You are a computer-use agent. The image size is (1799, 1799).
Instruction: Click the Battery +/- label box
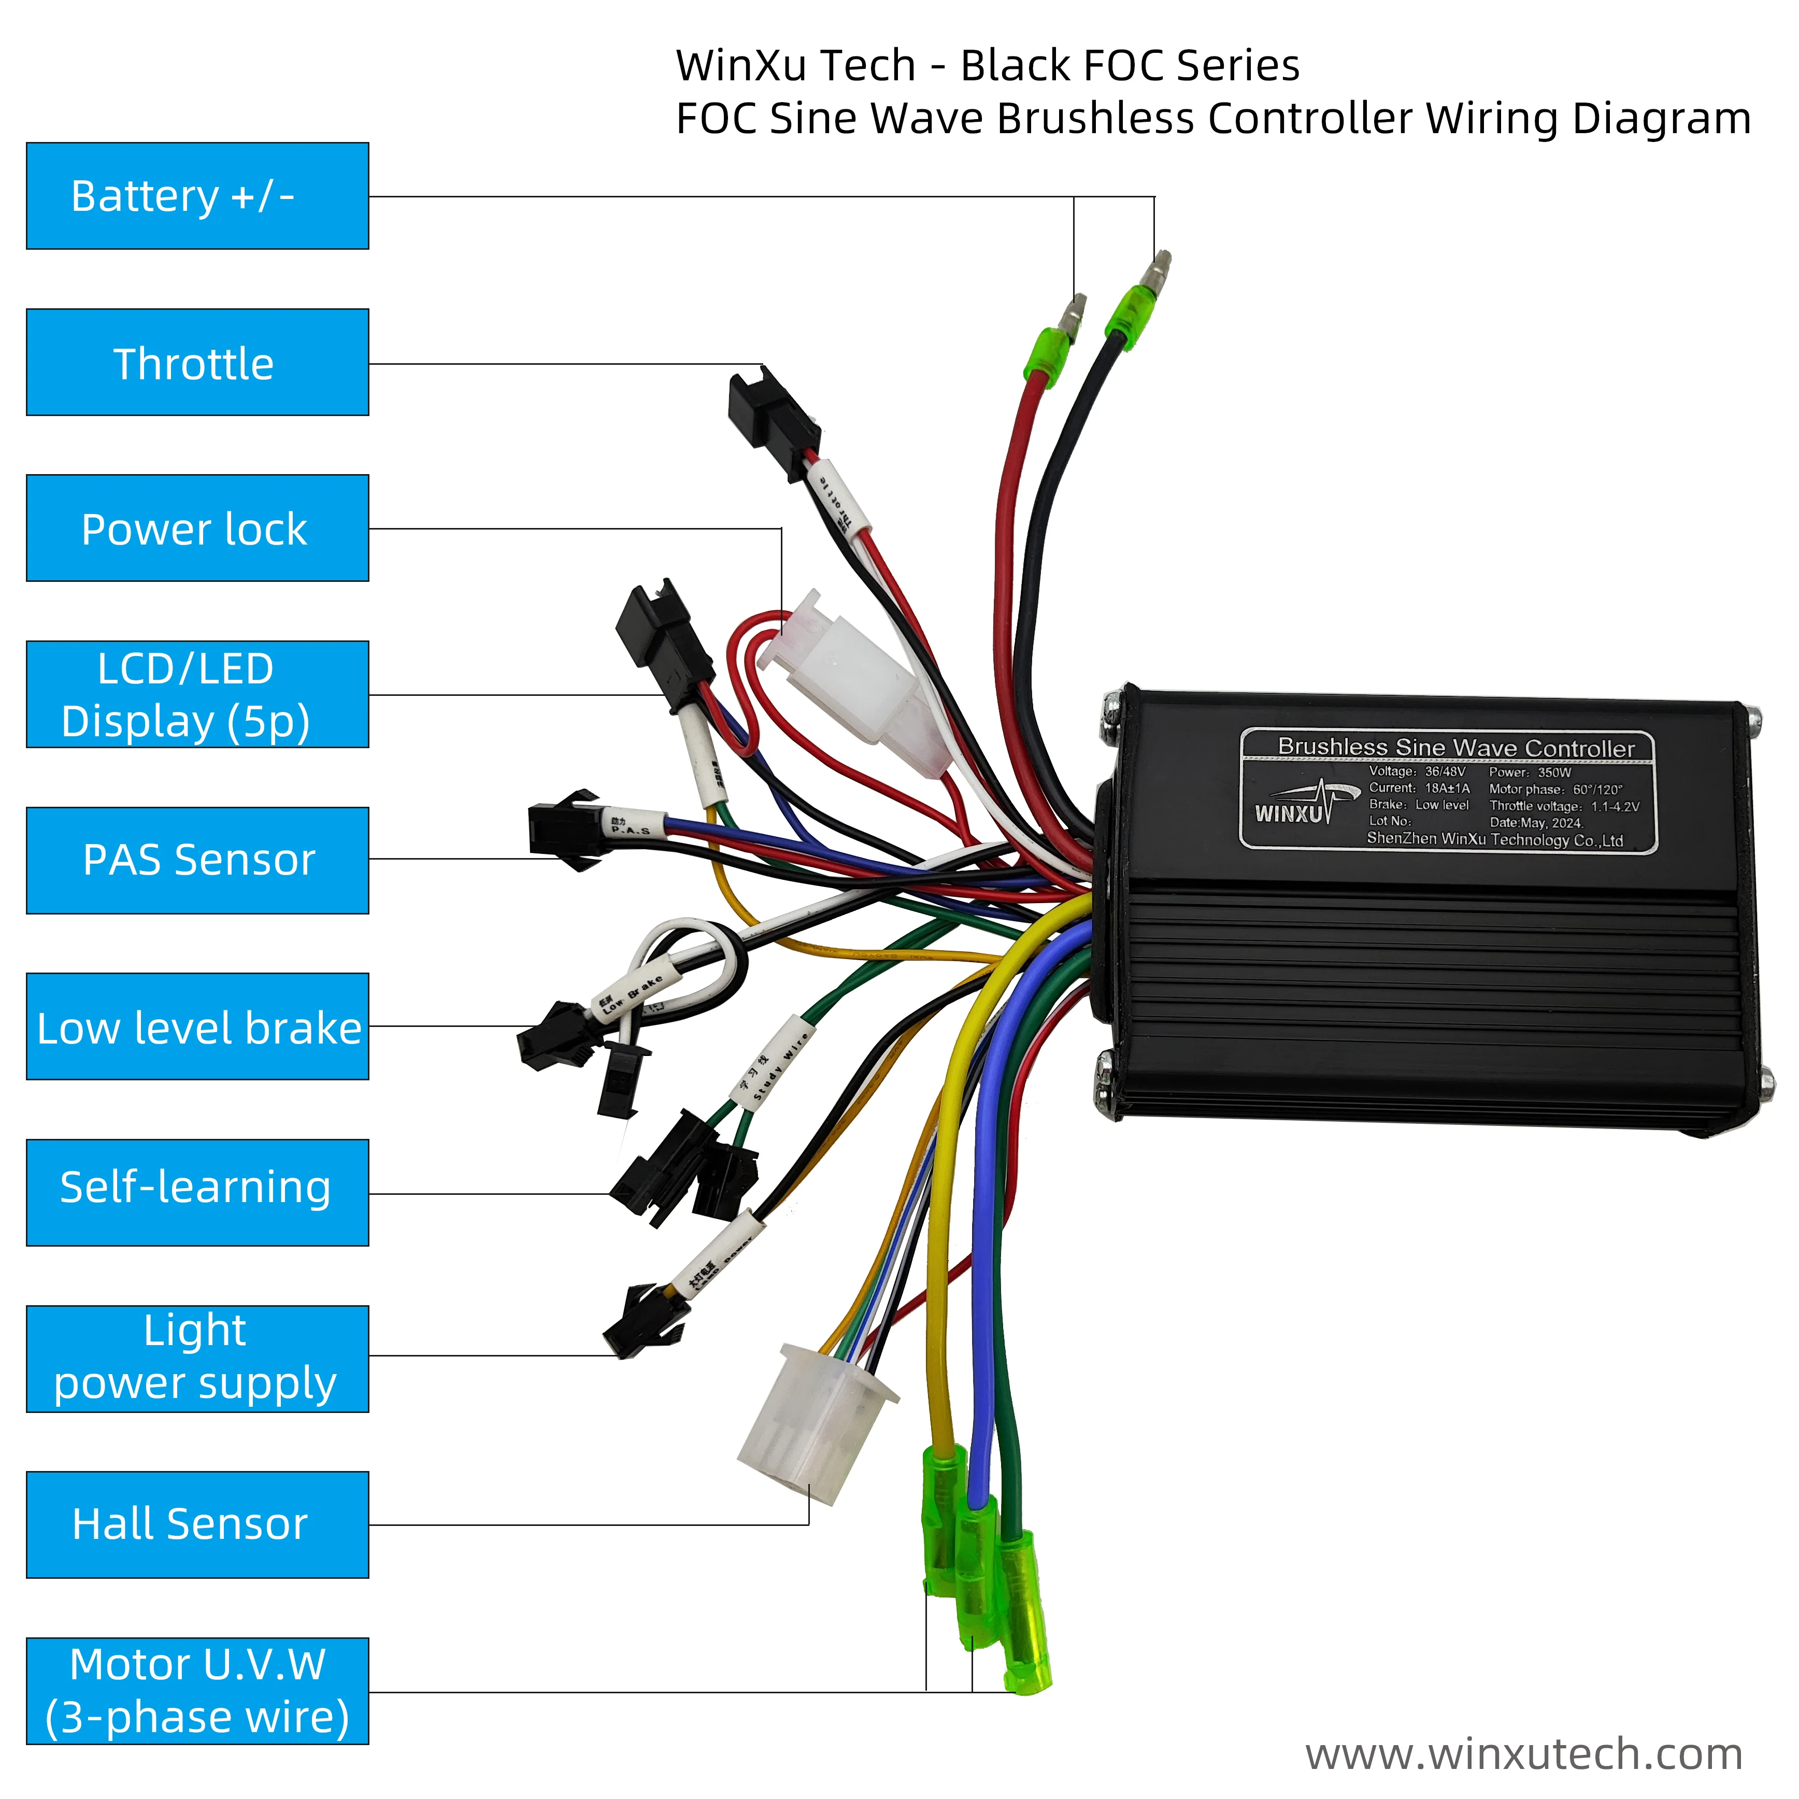coord(197,196)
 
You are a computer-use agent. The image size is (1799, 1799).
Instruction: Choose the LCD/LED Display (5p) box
coord(197,695)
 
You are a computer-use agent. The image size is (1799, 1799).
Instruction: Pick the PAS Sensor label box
coord(197,861)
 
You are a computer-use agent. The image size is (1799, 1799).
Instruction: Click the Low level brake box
coord(197,1027)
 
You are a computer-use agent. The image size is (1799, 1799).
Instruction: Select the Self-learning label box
coord(197,1193)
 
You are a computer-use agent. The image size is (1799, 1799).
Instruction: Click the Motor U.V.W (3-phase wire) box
coord(197,1692)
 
